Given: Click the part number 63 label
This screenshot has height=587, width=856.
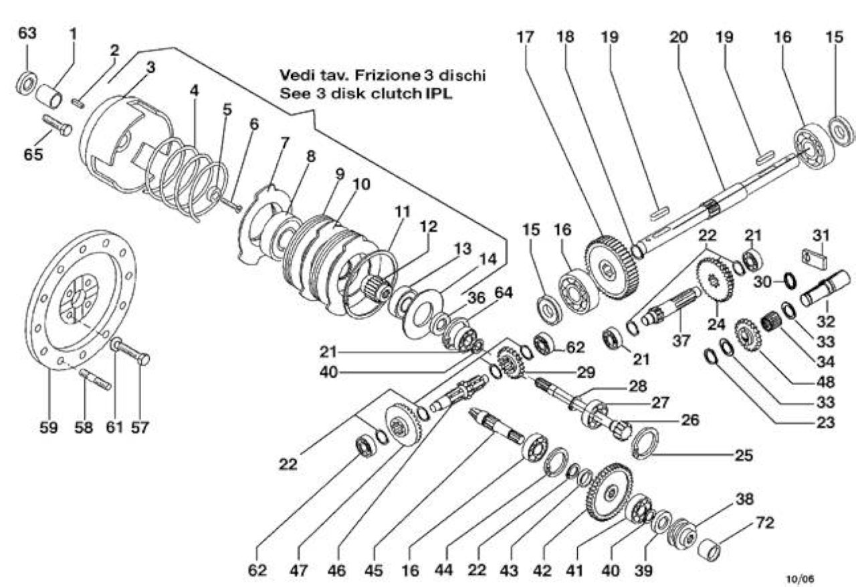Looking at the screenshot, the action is [x=27, y=33].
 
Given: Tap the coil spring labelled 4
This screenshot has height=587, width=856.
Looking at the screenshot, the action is [x=187, y=180].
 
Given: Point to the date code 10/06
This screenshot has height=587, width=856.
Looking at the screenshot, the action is [x=800, y=579].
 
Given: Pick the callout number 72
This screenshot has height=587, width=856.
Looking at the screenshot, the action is [x=764, y=523].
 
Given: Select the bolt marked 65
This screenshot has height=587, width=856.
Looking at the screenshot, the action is [x=58, y=125].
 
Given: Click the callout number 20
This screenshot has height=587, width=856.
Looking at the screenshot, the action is [x=679, y=37].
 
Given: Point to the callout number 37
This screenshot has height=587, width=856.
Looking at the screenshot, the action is [x=681, y=340].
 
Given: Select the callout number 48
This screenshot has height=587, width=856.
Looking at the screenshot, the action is [x=825, y=382].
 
